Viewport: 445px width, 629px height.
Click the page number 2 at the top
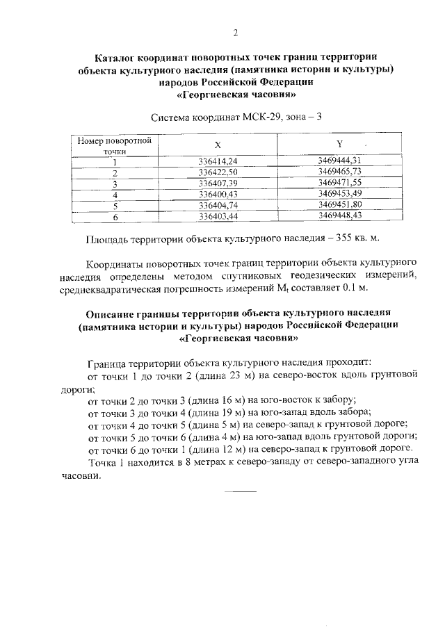[236, 32]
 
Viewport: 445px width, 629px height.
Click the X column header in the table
[217, 145]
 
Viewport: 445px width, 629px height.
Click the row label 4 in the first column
[115, 195]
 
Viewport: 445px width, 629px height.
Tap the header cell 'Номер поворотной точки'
[115, 145]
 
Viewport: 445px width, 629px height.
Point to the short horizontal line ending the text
[243, 493]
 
